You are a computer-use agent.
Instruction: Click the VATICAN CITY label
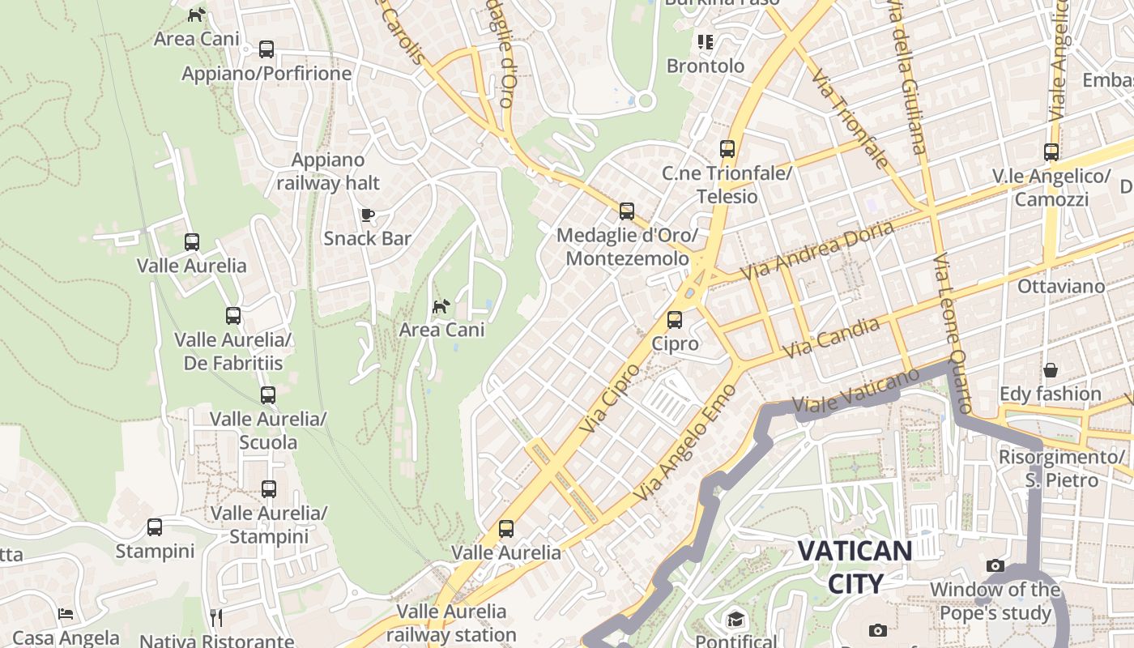(x=855, y=566)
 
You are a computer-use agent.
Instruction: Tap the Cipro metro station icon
(x=675, y=320)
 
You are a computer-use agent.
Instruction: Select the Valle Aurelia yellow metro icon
(x=506, y=529)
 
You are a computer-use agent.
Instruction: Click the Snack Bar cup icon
(x=367, y=215)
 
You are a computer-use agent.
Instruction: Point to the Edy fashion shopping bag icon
(x=1051, y=370)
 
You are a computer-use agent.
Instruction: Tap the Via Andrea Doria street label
(x=818, y=249)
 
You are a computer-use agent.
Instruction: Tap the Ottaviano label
(x=1060, y=286)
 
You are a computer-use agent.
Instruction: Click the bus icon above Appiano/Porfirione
(x=266, y=49)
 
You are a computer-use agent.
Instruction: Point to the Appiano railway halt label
(x=328, y=172)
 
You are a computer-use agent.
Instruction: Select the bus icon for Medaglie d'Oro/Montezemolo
(x=626, y=211)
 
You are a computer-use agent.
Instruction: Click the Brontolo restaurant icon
(x=706, y=41)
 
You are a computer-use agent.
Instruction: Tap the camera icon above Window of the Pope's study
(x=995, y=565)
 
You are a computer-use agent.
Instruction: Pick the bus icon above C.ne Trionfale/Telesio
(x=727, y=149)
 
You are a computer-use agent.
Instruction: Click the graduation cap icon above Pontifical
(x=735, y=620)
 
